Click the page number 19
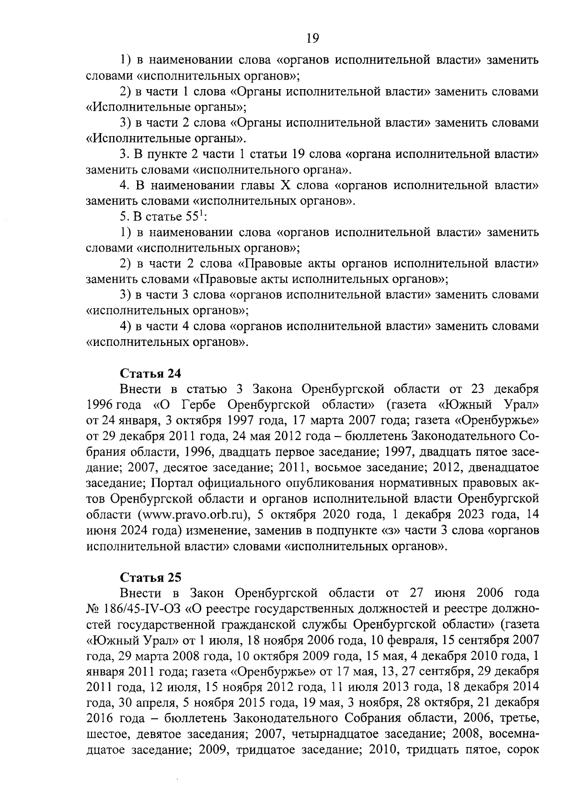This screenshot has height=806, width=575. click(x=312, y=38)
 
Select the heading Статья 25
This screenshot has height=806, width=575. click(x=150, y=577)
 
